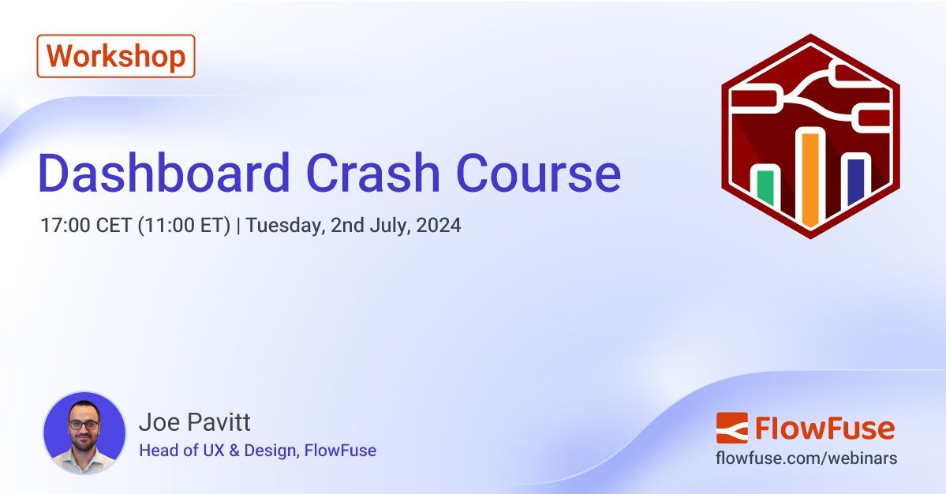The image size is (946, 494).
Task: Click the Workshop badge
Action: pos(116,56)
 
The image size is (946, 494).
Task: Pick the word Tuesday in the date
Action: pos(285,226)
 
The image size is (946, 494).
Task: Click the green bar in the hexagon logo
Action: pos(765,189)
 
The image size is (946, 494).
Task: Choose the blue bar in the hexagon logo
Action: pos(855,184)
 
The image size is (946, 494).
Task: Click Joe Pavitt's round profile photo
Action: pos(84,432)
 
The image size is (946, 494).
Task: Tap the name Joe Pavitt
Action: pos(194,422)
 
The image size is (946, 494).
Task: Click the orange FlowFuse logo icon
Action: pos(731,428)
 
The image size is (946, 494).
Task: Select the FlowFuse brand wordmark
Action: pos(824,429)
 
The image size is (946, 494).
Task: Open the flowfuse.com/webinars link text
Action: pos(806,458)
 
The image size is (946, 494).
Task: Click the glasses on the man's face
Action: pos(84,425)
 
